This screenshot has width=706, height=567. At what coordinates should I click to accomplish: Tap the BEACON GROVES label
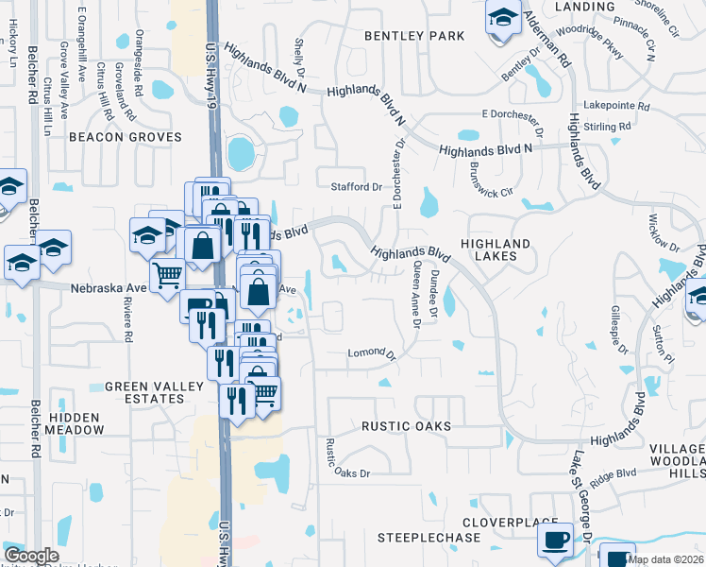click(125, 137)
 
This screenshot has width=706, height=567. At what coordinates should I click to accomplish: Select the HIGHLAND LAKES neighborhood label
click(496, 249)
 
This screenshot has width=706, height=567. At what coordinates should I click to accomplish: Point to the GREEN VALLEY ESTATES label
click(144, 392)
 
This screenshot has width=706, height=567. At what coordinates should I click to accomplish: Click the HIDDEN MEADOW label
click(76, 422)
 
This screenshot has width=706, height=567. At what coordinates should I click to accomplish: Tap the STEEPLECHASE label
click(430, 538)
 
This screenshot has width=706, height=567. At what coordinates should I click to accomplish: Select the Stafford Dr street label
click(356, 187)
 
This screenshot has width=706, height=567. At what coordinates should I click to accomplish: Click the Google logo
click(31, 557)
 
